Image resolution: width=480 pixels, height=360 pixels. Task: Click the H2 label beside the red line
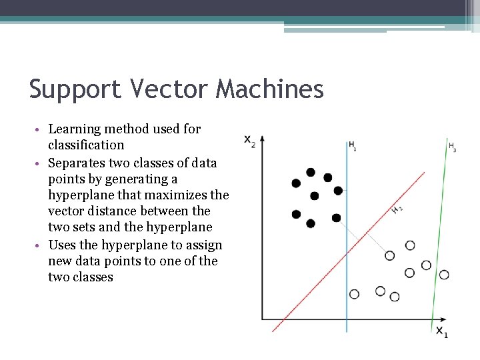click(x=397, y=210)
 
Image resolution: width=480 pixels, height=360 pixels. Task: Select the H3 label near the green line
click(x=453, y=147)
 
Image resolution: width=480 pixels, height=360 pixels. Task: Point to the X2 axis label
click(x=249, y=141)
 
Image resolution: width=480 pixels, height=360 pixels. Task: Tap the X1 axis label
click(x=441, y=331)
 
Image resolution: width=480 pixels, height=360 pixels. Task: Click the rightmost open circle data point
click(x=444, y=275)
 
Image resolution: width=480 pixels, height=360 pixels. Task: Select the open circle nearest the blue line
click(x=354, y=294)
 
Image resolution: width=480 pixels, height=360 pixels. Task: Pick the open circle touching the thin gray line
click(x=390, y=255)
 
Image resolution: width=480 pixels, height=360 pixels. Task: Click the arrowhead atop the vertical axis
click(x=262, y=139)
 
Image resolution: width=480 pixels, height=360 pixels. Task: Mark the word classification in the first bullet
click(x=86, y=145)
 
